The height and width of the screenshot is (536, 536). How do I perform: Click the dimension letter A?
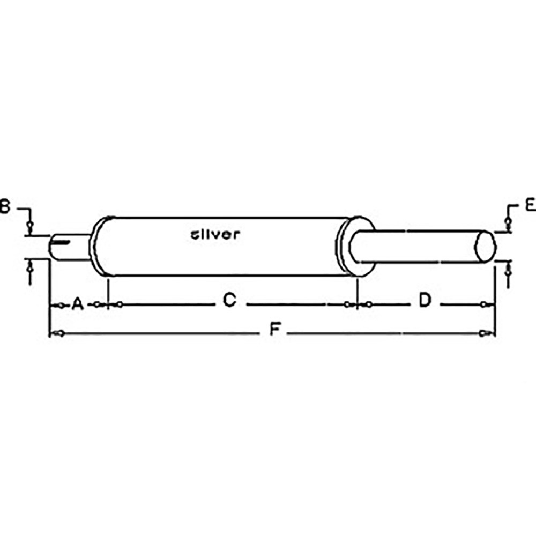[x=77, y=304]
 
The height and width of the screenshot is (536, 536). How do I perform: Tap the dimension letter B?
[x=4, y=206]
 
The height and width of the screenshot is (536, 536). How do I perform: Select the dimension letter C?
[x=229, y=301]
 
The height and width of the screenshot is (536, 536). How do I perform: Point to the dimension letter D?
[x=425, y=301]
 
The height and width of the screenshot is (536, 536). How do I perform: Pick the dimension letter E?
[x=530, y=205]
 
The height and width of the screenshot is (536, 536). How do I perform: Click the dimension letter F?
[x=274, y=330]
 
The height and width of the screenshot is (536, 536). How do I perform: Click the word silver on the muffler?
[x=215, y=234]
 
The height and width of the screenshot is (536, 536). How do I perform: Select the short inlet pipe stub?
[x=70, y=247]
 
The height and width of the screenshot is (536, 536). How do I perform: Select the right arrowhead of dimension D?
[x=484, y=304]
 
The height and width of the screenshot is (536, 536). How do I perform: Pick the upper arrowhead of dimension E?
[x=507, y=222]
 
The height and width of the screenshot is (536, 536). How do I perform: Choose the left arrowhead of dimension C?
[x=120, y=304]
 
